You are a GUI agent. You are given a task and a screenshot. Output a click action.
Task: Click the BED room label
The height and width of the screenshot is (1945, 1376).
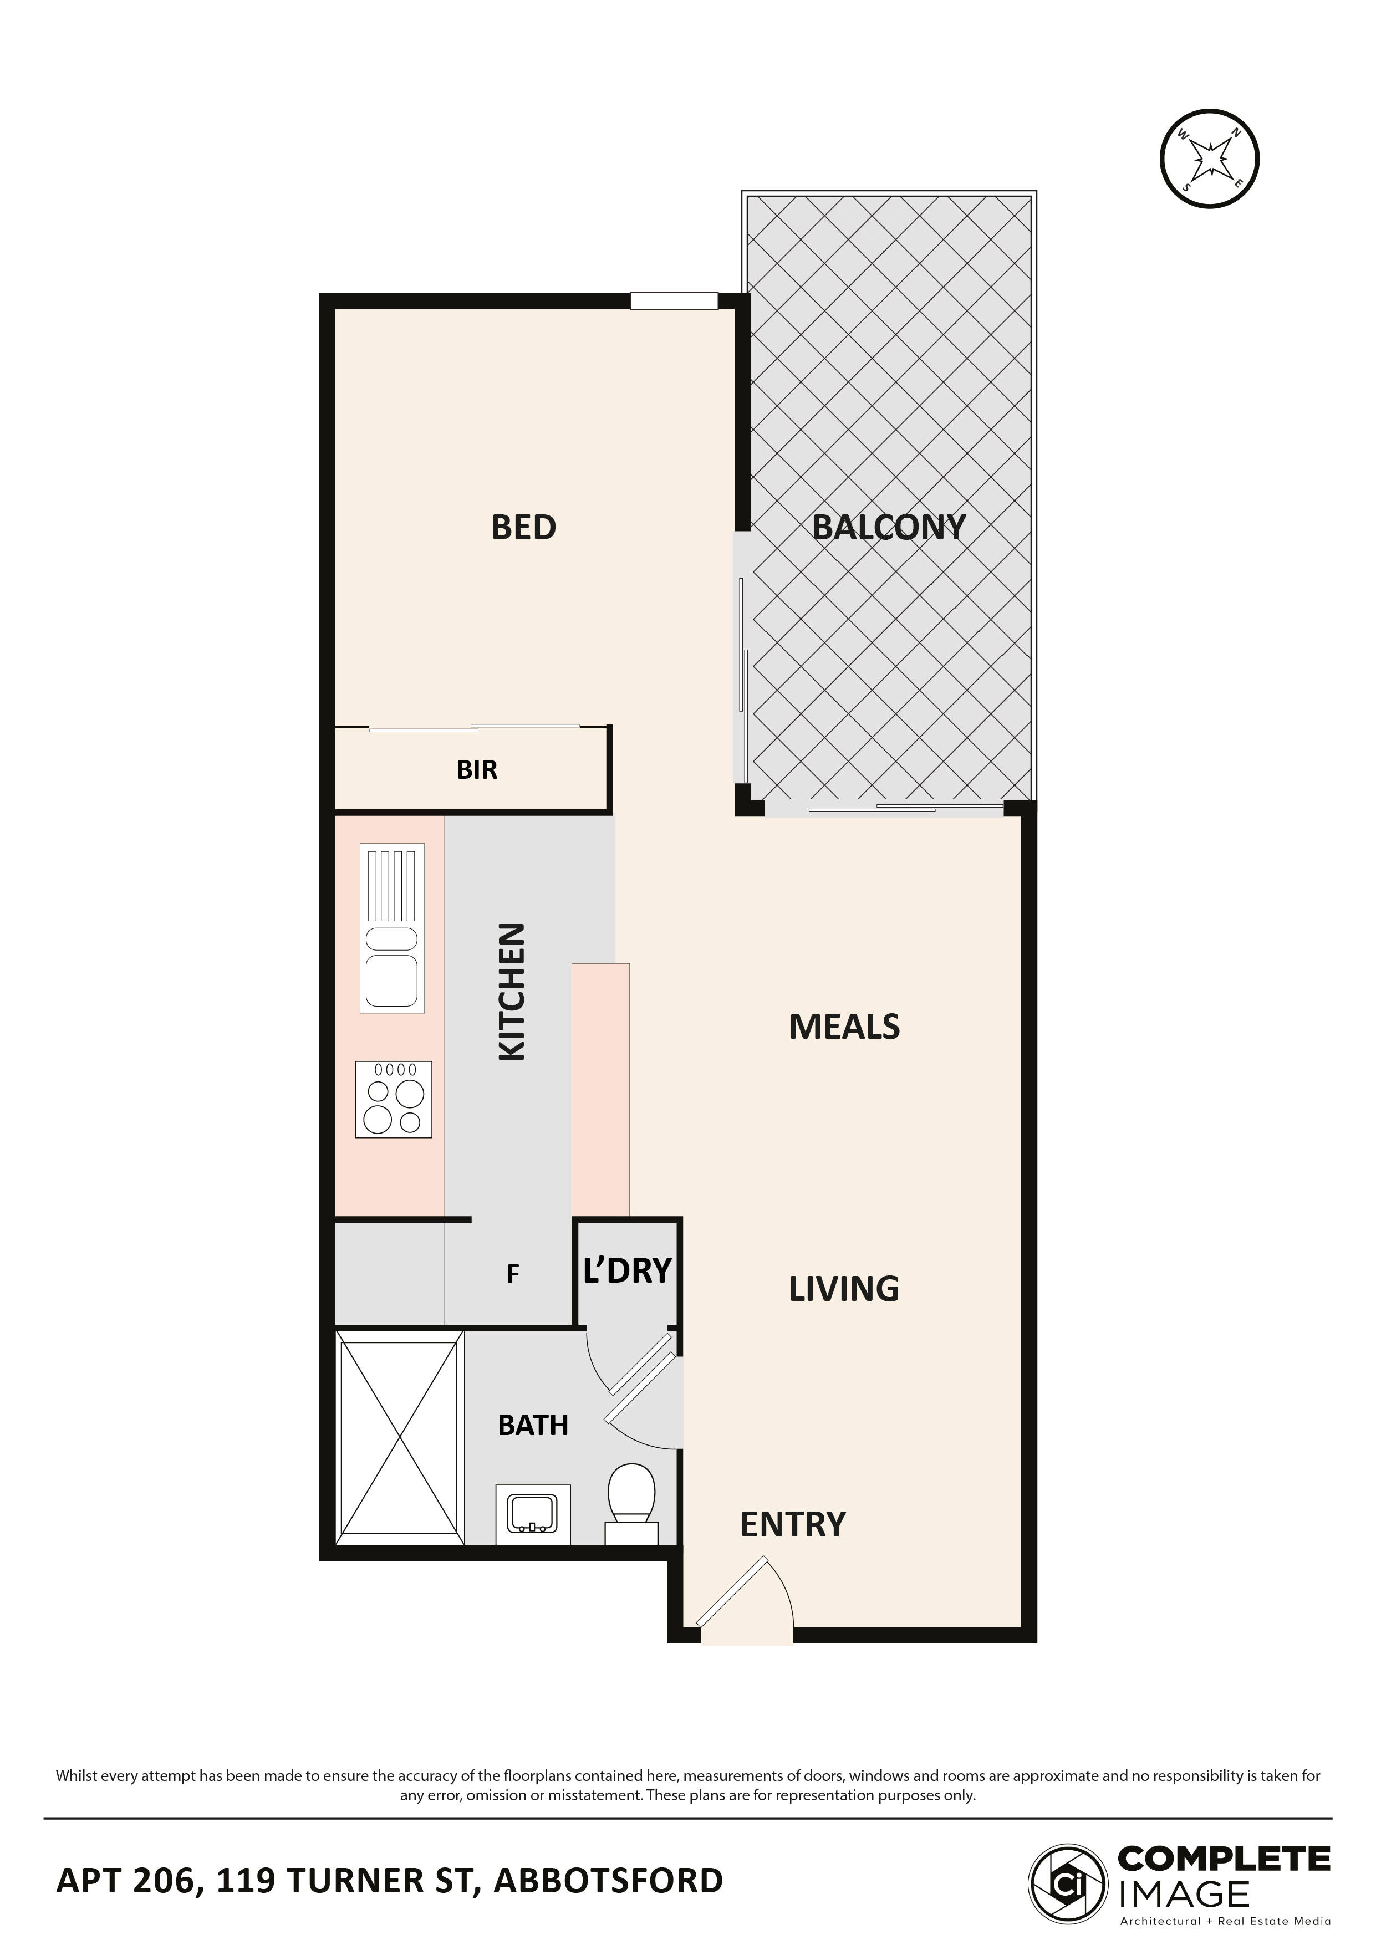[x=524, y=528]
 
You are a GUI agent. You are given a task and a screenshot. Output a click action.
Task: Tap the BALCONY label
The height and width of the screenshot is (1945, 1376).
[x=888, y=528]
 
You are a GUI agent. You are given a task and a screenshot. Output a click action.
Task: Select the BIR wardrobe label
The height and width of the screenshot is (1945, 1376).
[x=477, y=770]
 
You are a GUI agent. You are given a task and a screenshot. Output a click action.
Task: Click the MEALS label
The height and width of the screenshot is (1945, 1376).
[x=844, y=1027]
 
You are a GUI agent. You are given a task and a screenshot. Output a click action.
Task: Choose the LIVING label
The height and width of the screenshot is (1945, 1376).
[x=844, y=1289]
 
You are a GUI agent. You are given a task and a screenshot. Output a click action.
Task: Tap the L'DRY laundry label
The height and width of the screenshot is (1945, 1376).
[x=627, y=1270]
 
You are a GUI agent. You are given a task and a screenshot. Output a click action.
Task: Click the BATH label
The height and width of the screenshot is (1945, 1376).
[x=533, y=1425]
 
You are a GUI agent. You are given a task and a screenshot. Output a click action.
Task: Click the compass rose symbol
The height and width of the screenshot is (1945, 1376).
[x=1209, y=159]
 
